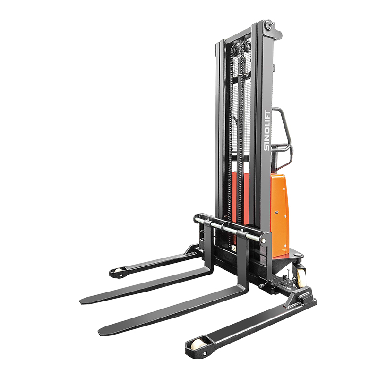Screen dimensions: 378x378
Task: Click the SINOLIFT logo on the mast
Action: coord(267,130)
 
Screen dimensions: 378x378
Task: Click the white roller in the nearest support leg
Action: coord(198,345)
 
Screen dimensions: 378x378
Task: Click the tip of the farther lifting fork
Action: coord(81,301)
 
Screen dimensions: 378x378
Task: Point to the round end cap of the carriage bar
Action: coord(263,241)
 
